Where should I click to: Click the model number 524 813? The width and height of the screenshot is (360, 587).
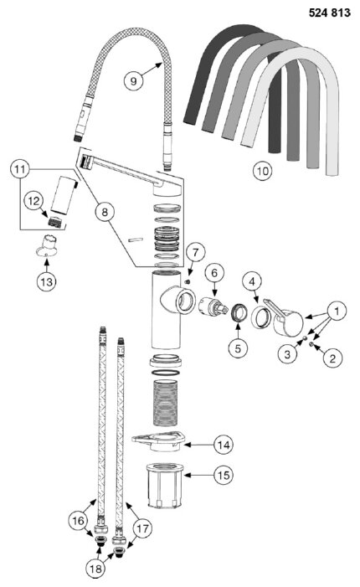[x=329, y=13]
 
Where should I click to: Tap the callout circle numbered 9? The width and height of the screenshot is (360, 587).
[x=134, y=80]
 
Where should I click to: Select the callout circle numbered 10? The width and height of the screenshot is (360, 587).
[x=263, y=171]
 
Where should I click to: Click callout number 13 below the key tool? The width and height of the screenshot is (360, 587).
[x=46, y=281]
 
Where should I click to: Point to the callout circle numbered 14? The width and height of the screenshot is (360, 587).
[x=224, y=445]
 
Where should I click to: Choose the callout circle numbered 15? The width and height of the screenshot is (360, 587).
[x=224, y=475]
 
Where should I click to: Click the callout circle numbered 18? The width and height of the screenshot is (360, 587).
[x=95, y=569]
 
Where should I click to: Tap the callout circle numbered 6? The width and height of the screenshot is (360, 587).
[x=214, y=273]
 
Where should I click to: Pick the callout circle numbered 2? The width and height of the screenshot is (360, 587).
[x=332, y=358]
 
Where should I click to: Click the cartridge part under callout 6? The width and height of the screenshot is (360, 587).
[x=213, y=306]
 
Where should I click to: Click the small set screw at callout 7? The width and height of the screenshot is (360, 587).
[x=188, y=281]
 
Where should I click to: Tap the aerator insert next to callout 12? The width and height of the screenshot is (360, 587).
[x=54, y=222]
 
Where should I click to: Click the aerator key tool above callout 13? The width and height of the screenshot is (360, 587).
[x=47, y=246]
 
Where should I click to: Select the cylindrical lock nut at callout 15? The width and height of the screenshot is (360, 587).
[x=165, y=485]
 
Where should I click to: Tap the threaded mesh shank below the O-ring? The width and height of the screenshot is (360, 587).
[x=165, y=403]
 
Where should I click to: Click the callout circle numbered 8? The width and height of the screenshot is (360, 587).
[x=105, y=212]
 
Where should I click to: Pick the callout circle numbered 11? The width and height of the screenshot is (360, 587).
[x=20, y=169]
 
